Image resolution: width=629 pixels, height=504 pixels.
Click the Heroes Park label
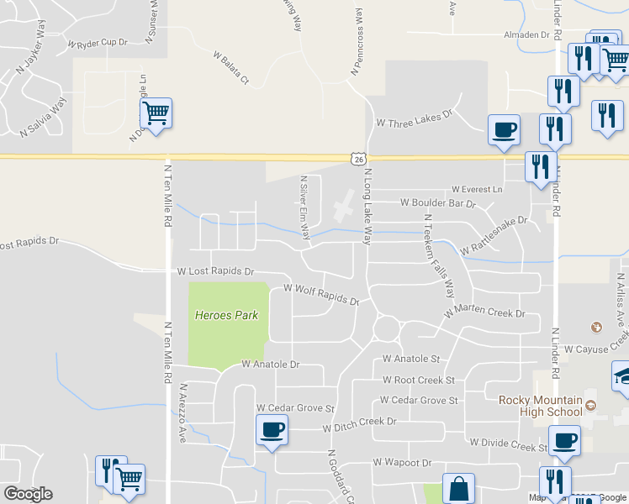(x=226, y=315)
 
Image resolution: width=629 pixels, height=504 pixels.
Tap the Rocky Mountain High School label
(x=541, y=405)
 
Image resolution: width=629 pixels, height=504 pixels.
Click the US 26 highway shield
(x=358, y=158)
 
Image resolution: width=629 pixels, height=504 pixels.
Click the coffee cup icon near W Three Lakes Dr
(x=505, y=129)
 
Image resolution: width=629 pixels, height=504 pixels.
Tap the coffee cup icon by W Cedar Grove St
(x=272, y=431)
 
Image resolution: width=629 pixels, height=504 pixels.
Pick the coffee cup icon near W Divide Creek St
(x=564, y=440)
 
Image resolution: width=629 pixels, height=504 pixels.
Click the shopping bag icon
(x=458, y=488)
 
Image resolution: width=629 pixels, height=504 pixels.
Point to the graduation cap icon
(x=623, y=375)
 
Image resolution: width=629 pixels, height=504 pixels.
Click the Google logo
(x=28, y=494)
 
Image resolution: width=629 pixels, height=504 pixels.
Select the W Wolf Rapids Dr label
(x=322, y=294)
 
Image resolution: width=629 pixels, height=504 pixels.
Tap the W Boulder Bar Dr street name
(x=437, y=202)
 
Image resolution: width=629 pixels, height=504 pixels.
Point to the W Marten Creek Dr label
(x=484, y=312)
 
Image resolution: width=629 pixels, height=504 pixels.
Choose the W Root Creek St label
(x=417, y=381)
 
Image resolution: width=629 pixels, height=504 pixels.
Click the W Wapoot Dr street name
(x=403, y=462)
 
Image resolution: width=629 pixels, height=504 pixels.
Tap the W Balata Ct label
(x=234, y=69)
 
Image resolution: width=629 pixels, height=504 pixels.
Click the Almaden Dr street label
(x=526, y=35)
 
